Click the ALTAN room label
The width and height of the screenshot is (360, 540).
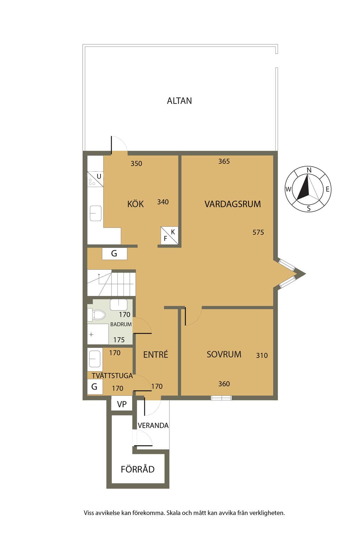[x=179, y=101]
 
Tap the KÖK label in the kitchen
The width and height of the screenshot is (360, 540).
[x=135, y=204]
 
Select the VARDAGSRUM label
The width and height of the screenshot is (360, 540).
[x=232, y=204]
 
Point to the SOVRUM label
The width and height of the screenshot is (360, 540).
[x=224, y=354]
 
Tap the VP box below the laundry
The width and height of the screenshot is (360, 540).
[x=122, y=404]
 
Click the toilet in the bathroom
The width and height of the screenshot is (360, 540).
[x=97, y=315]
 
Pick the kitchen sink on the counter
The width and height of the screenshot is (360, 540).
[x=96, y=213]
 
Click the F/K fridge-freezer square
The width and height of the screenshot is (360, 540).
[x=169, y=235]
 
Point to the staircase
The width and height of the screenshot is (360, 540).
[x=111, y=283]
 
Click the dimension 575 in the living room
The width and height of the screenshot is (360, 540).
[x=258, y=232]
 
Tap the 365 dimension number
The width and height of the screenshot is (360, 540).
[x=224, y=161]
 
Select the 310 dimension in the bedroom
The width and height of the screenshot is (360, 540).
[x=262, y=355]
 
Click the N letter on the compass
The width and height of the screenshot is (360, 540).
[x=309, y=170]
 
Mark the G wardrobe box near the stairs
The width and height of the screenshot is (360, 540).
[x=114, y=253]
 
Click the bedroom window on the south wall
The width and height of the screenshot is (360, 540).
[x=221, y=398]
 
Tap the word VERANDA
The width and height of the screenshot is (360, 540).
[x=153, y=425]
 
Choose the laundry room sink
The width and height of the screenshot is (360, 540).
[x=95, y=359]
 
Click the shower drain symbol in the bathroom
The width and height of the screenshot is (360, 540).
[x=91, y=334]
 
